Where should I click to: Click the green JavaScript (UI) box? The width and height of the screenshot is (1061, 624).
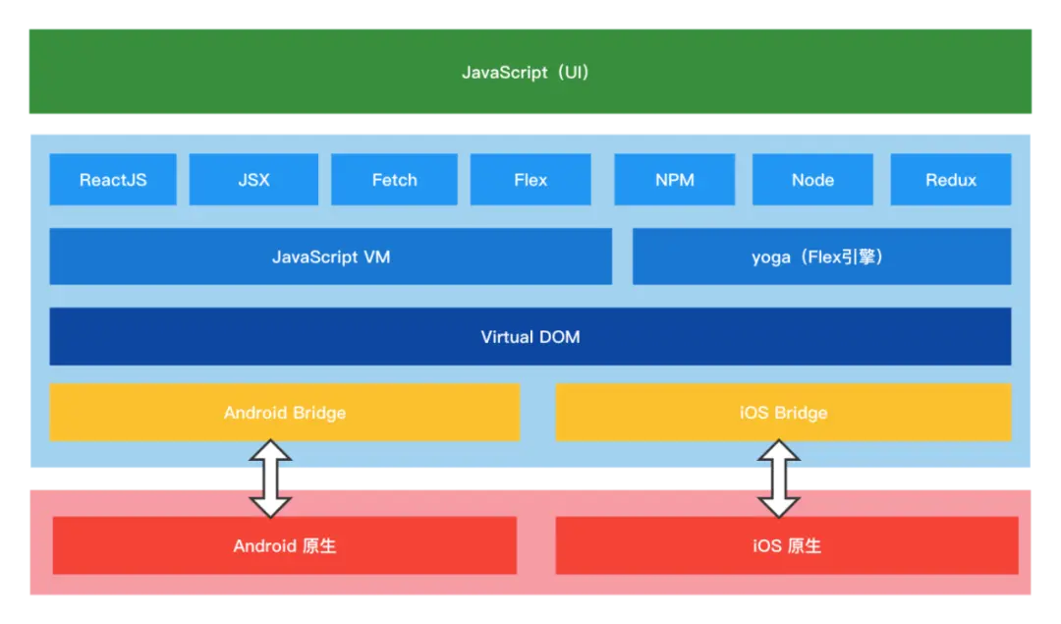tap(530, 72)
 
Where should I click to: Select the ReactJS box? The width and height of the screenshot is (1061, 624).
tap(113, 180)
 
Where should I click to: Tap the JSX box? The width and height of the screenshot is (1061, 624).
tap(253, 180)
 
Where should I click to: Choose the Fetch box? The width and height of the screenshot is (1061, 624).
tap(394, 180)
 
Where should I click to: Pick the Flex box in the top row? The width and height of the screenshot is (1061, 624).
tap(530, 180)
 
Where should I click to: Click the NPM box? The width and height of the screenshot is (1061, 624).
tap(674, 180)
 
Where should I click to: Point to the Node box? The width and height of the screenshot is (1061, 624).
tap(812, 180)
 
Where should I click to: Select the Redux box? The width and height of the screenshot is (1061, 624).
tap(950, 180)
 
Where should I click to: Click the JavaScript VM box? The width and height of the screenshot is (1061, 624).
tap(330, 256)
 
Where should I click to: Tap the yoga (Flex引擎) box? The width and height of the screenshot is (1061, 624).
tap(821, 256)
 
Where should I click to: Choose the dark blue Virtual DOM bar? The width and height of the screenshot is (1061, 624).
tap(530, 336)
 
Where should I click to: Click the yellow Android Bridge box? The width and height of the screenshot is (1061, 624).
tap(284, 413)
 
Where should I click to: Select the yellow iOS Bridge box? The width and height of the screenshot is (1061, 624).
tap(783, 413)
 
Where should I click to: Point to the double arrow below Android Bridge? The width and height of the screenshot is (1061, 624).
tap(270, 479)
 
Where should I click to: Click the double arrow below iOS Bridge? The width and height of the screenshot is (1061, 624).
tap(779, 479)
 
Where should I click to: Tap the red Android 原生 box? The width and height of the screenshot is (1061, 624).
tap(284, 545)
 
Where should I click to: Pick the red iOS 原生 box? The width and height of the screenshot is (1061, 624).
tap(786, 545)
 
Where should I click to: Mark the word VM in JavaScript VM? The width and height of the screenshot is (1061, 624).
tap(377, 257)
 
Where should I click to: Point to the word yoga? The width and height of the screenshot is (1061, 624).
tap(772, 258)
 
